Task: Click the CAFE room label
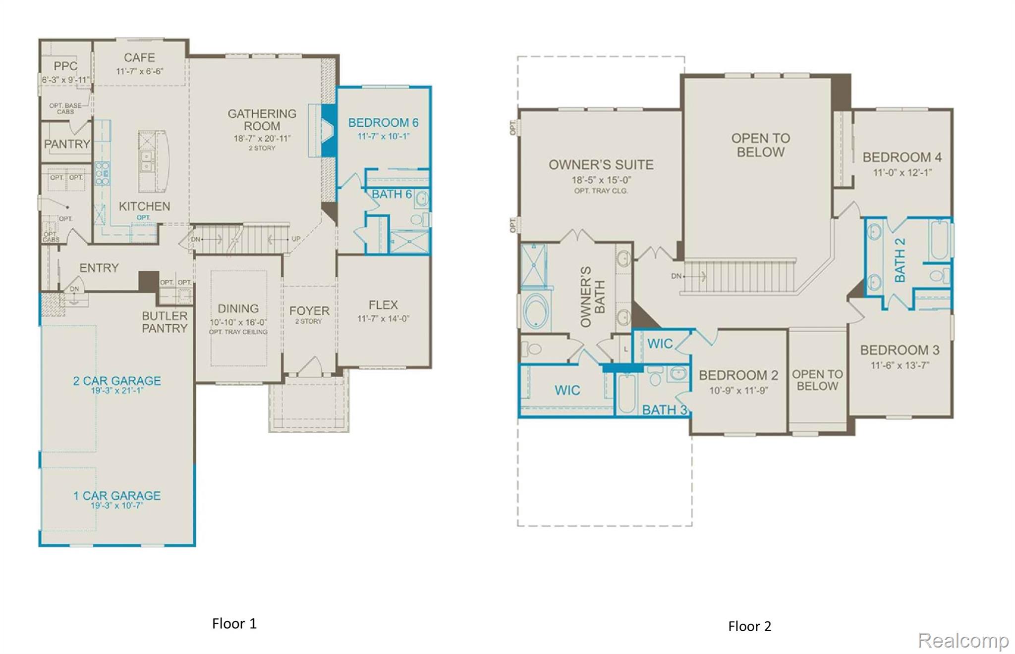(139, 58)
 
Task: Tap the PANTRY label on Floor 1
(67, 144)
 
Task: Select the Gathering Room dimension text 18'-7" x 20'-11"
(262, 139)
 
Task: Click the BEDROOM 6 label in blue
(383, 123)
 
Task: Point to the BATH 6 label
(392, 195)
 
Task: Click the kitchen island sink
(146, 161)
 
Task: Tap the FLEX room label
(383, 305)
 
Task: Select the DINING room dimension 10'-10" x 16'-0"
(238, 322)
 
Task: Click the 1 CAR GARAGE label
(117, 496)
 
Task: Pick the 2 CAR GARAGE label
(117, 381)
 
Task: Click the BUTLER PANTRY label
(165, 322)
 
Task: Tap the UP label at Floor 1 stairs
(296, 239)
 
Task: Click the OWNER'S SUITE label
(601, 165)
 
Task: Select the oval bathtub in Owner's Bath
(536, 311)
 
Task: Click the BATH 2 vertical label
(900, 260)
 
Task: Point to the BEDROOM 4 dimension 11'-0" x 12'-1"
(902, 173)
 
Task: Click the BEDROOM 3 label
(900, 350)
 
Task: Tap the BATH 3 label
(664, 410)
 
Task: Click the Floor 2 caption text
(749, 626)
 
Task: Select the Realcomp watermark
(962, 640)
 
